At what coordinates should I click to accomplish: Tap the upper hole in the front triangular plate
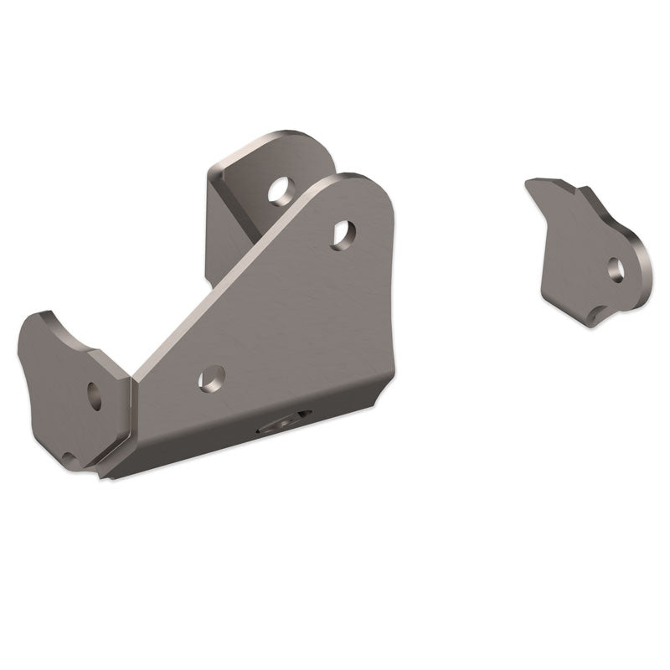coord(343,234)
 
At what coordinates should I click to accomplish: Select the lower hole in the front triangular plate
coord(212,379)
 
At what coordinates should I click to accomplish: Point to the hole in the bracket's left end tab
coord(94,394)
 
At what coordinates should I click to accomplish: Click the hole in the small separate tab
coord(616,269)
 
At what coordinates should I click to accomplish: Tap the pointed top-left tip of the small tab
coord(528,182)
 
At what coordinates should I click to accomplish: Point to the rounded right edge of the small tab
coord(647,260)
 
